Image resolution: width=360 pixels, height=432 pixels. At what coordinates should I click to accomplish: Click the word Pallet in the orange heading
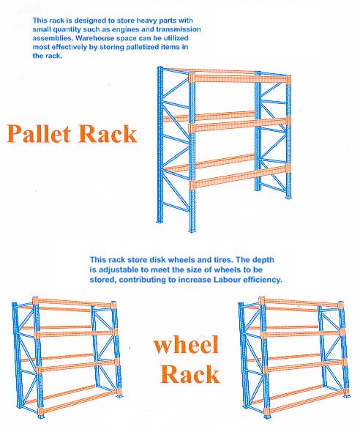(39, 133)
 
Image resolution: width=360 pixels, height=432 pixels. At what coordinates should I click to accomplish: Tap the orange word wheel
(186, 344)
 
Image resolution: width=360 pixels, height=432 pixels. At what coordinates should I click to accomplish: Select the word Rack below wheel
(190, 374)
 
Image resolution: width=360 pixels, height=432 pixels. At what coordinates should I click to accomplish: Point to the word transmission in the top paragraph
(179, 29)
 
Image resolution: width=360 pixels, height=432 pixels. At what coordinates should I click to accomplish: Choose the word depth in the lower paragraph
(263, 261)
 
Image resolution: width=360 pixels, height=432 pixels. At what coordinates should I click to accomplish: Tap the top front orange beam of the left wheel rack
(75, 303)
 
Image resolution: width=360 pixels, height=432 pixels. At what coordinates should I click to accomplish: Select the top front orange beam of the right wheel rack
(301, 303)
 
